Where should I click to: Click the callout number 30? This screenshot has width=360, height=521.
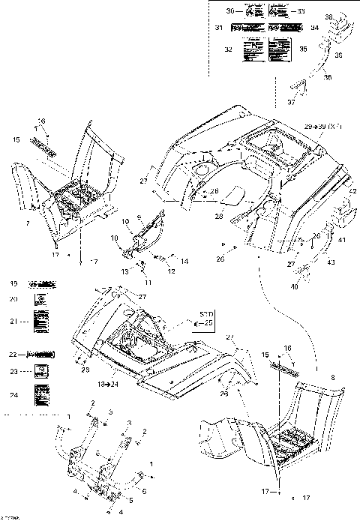coord(230,10)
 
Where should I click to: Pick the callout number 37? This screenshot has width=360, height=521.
coord(291,102)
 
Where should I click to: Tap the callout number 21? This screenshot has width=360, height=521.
coord(13,322)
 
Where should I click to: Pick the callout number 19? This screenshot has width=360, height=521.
coord(13,284)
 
